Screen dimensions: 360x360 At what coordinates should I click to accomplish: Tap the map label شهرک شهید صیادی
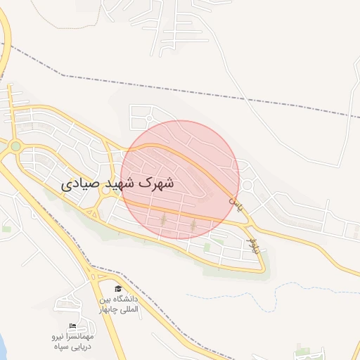tap(117, 184)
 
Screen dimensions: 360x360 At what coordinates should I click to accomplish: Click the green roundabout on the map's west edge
tap(15, 146)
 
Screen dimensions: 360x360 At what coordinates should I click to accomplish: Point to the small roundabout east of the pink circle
tap(247, 185)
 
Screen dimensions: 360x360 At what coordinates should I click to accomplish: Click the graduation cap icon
tap(118, 289)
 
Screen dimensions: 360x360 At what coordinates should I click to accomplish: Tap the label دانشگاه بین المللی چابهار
tap(118, 304)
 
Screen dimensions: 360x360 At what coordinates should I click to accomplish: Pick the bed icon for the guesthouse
tap(72, 326)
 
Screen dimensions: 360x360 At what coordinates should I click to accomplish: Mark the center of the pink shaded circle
tap(180, 179)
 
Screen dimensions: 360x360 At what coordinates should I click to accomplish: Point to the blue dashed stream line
tap(281, 288)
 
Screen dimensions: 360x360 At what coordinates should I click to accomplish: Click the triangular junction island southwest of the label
tap(91, 212)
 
